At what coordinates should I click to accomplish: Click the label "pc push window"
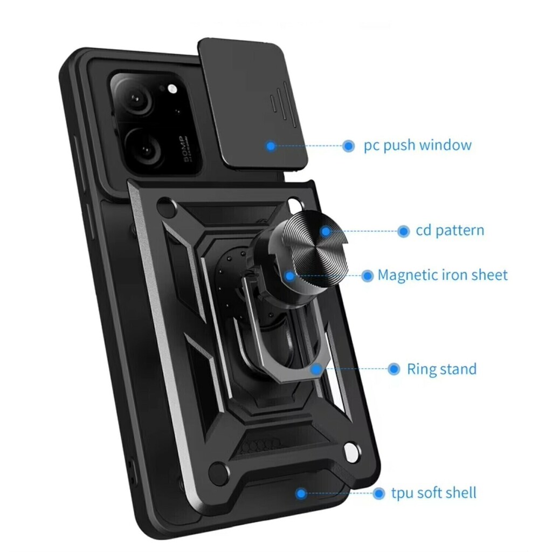click(418, 145)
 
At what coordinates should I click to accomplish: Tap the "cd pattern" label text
click(450, 230)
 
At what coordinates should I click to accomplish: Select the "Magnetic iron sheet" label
click(442, 275)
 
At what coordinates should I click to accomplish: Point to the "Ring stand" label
click(441, 369)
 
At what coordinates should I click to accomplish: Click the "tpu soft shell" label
click(434, 493)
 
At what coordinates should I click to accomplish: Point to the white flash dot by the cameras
click(172, 89)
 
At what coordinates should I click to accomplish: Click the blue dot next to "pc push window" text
click(349, 146)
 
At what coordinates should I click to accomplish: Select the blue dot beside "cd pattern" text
click(403, 231)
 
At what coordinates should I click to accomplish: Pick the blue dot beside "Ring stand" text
click(394, 369)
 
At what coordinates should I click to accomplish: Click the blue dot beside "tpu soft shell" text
click(379, 493)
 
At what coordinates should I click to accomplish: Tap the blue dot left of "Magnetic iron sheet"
click(367, 275)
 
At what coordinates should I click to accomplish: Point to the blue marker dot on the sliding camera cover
click(271, 146)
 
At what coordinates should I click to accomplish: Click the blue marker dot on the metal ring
click(316, 369)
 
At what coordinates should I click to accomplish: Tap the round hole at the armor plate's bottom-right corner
click(351, 452)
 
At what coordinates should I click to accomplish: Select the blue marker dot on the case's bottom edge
click(301, 494)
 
